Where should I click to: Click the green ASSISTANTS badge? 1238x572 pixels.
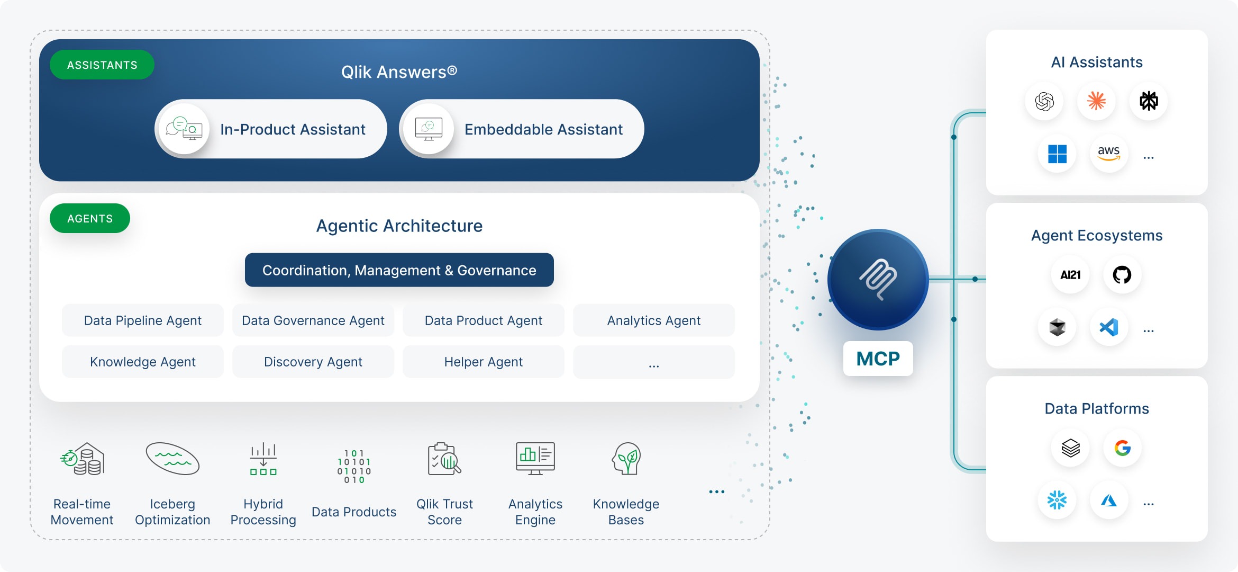(x=102, y=65)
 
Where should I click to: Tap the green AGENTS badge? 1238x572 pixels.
(x=90, y=218)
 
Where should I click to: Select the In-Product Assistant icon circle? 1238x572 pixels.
(x=184, y=129)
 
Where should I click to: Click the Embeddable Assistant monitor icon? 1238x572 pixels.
(x=429, y=129)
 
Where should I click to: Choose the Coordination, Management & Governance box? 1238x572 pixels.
(x=399, y=270)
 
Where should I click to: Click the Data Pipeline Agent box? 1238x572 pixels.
(x=143, y=320)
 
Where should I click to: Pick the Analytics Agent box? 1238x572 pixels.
(x=654, y=320)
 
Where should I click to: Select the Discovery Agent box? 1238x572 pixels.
(x=313, y=362)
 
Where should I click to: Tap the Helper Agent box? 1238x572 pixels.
(x=484, y=362)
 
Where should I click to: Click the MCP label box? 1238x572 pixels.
(x=878, y=359)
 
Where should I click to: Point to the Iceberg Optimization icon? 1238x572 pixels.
(x=172, y=458)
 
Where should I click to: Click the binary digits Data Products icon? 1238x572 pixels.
(x=354, y=466)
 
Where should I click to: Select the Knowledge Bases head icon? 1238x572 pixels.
(x=626, y=459)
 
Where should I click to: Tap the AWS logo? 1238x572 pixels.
(x=1109, y=153)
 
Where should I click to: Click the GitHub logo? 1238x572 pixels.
(x=1122, y=274)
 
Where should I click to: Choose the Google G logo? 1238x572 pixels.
(x=1123, y=448)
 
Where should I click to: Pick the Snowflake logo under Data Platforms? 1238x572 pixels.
(x=1057, y=499)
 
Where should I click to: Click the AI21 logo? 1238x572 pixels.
(x=1070, y=275)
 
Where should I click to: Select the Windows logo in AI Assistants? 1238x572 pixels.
(x=1057, y=154)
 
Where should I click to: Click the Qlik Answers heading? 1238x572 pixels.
(x=399, y=71)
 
